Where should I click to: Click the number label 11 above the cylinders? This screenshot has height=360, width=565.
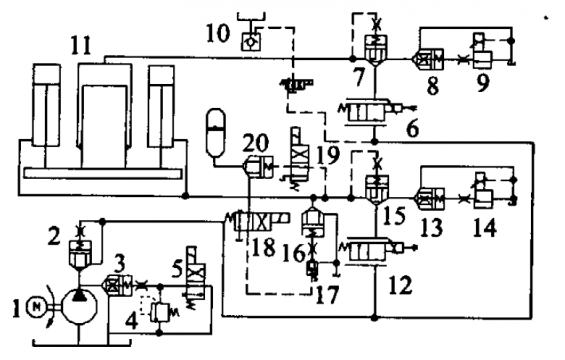tap(81, 45)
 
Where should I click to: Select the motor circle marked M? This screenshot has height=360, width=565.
tap(36, 306)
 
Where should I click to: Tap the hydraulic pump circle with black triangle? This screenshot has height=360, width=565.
tap(80, 307)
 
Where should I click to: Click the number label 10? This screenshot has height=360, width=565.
tap(218, 33)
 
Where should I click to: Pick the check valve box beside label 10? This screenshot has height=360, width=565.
tap(252, 42)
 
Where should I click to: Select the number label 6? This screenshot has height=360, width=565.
tap(412, 129)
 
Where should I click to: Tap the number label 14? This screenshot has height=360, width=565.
tap(485, 228)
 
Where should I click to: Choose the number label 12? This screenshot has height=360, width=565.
tap(400, 285)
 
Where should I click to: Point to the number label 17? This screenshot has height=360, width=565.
tap(327, 295)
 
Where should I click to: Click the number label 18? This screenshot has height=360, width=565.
tap(263, 248)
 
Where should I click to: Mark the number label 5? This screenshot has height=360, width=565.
tap(177, 268)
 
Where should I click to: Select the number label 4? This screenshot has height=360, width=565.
tap(132, 321)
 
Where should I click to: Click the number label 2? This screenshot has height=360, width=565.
tap(54, 237)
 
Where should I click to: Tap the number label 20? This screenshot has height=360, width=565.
tap(255, 143)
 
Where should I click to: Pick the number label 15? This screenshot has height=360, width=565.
tap(394, 215)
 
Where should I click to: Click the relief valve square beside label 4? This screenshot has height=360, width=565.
tap(160, 312)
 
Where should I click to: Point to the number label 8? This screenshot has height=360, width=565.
tap(432, 86)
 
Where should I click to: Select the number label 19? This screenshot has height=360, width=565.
tap(327, 155)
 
